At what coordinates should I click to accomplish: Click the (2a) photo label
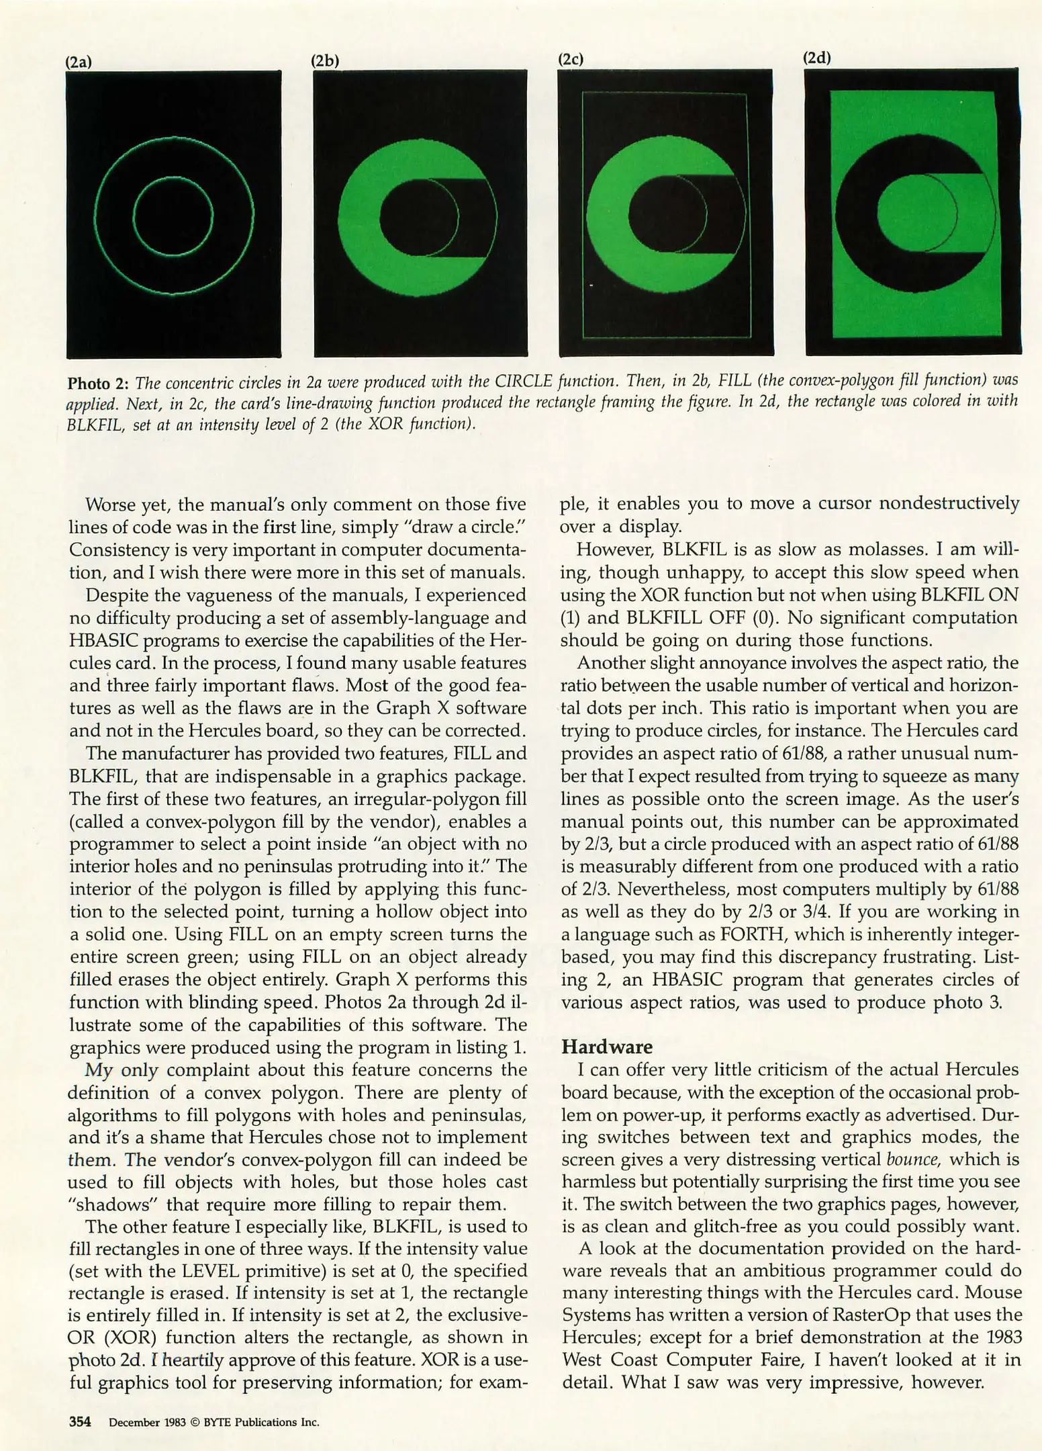pos(78,62)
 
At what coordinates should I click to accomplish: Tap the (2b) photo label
pos(325,60)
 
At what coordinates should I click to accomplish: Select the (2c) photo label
pos(571,59)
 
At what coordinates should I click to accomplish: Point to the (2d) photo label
pos(817,58)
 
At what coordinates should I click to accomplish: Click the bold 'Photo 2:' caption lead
pos(98,384)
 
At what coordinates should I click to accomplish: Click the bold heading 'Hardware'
pos(607,1047)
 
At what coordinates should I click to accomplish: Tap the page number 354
pos(80,1421)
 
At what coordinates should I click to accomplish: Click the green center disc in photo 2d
pos(906,215)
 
